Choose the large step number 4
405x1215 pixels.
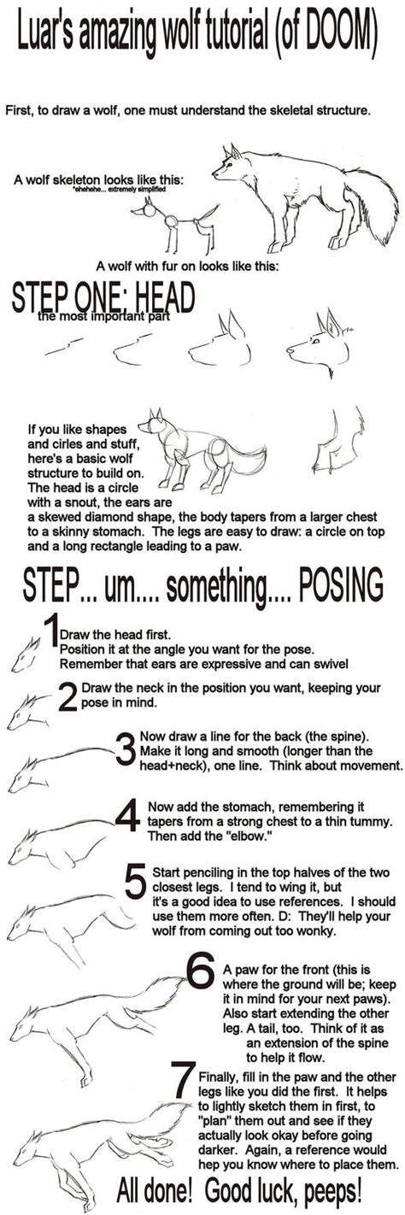[127, 816]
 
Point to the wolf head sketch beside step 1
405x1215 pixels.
[25, 653]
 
